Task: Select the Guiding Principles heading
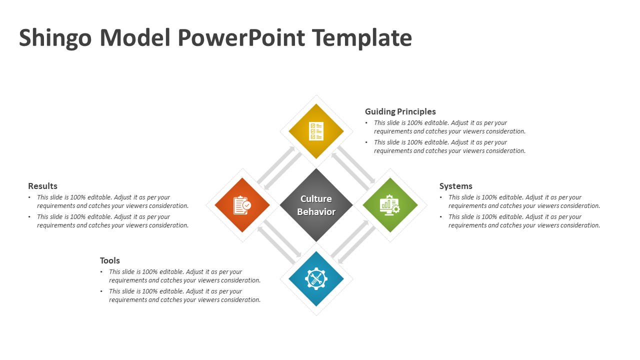pyautogui.click(x=400, y=111)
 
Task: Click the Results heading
pyautogui.click(x=42, y=186)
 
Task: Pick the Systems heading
pyautogui.click(x=455, y=186)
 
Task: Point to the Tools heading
pyautogui.click(x=109, y=260)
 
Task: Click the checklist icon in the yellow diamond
pyautogui.click(x=316, y=131)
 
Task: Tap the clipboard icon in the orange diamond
pyautogui.click(x=242, y=205)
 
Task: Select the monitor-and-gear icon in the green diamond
pyautogui.click(x=389, y=205)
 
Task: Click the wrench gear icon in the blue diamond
pyautogui.click(x=316, y=279)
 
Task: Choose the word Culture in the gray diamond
pyautogui.click(x=316, y=198)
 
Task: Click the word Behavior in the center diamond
pyautogui.click(x=316, y=211)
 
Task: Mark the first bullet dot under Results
pyautogui.click(x=29, y=197)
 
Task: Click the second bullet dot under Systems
pyautogui.click(x=441, y=217)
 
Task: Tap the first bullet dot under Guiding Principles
pyautogui.click(x=366, y=123)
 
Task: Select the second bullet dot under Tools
pyautogui.click(x=101, y=291)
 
